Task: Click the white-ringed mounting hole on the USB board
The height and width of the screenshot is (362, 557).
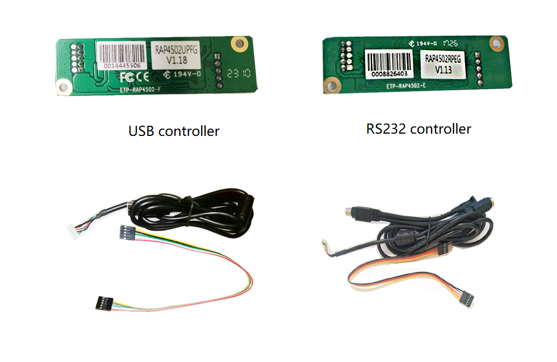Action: tap(65, 86)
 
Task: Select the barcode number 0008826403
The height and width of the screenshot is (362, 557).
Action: tap(388, 73)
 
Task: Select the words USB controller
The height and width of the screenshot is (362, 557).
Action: tap(174, 131)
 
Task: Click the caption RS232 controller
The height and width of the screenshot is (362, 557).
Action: tap(418, 129)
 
